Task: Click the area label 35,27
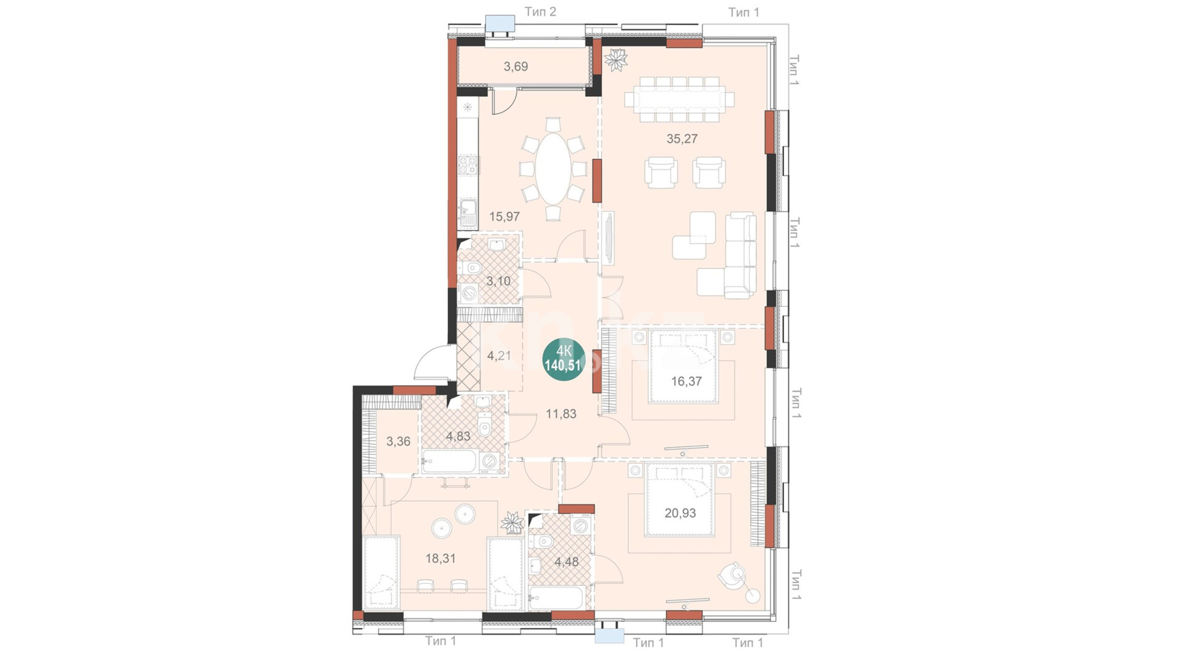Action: pyautogui.click(x=682, y=139)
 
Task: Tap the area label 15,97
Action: pyautogui.click(x=504, y=217)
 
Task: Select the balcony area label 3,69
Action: pyautogui.click(x=515, y=66)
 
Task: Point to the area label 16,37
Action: pyautogui.click(x=686, y=381)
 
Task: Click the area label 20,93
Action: pyautogui.click(x=680, y=513)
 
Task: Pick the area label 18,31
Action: pyautogui.click(x=441, y=559)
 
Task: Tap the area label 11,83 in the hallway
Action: pyautogui.click(x=561, y=414)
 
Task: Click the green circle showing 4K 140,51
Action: pyautogui.click(x=563, y=359)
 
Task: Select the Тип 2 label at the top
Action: pyautogui.click(x=540, y=12)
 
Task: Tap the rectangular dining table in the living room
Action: pyautogui.click(x=679, y=99)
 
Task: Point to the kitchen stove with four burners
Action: pyautogui.click(x=469, y=165)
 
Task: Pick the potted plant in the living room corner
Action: pyautogui.click(x=615, y=60)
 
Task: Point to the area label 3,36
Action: pyautogui.click(x=398, y=441)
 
